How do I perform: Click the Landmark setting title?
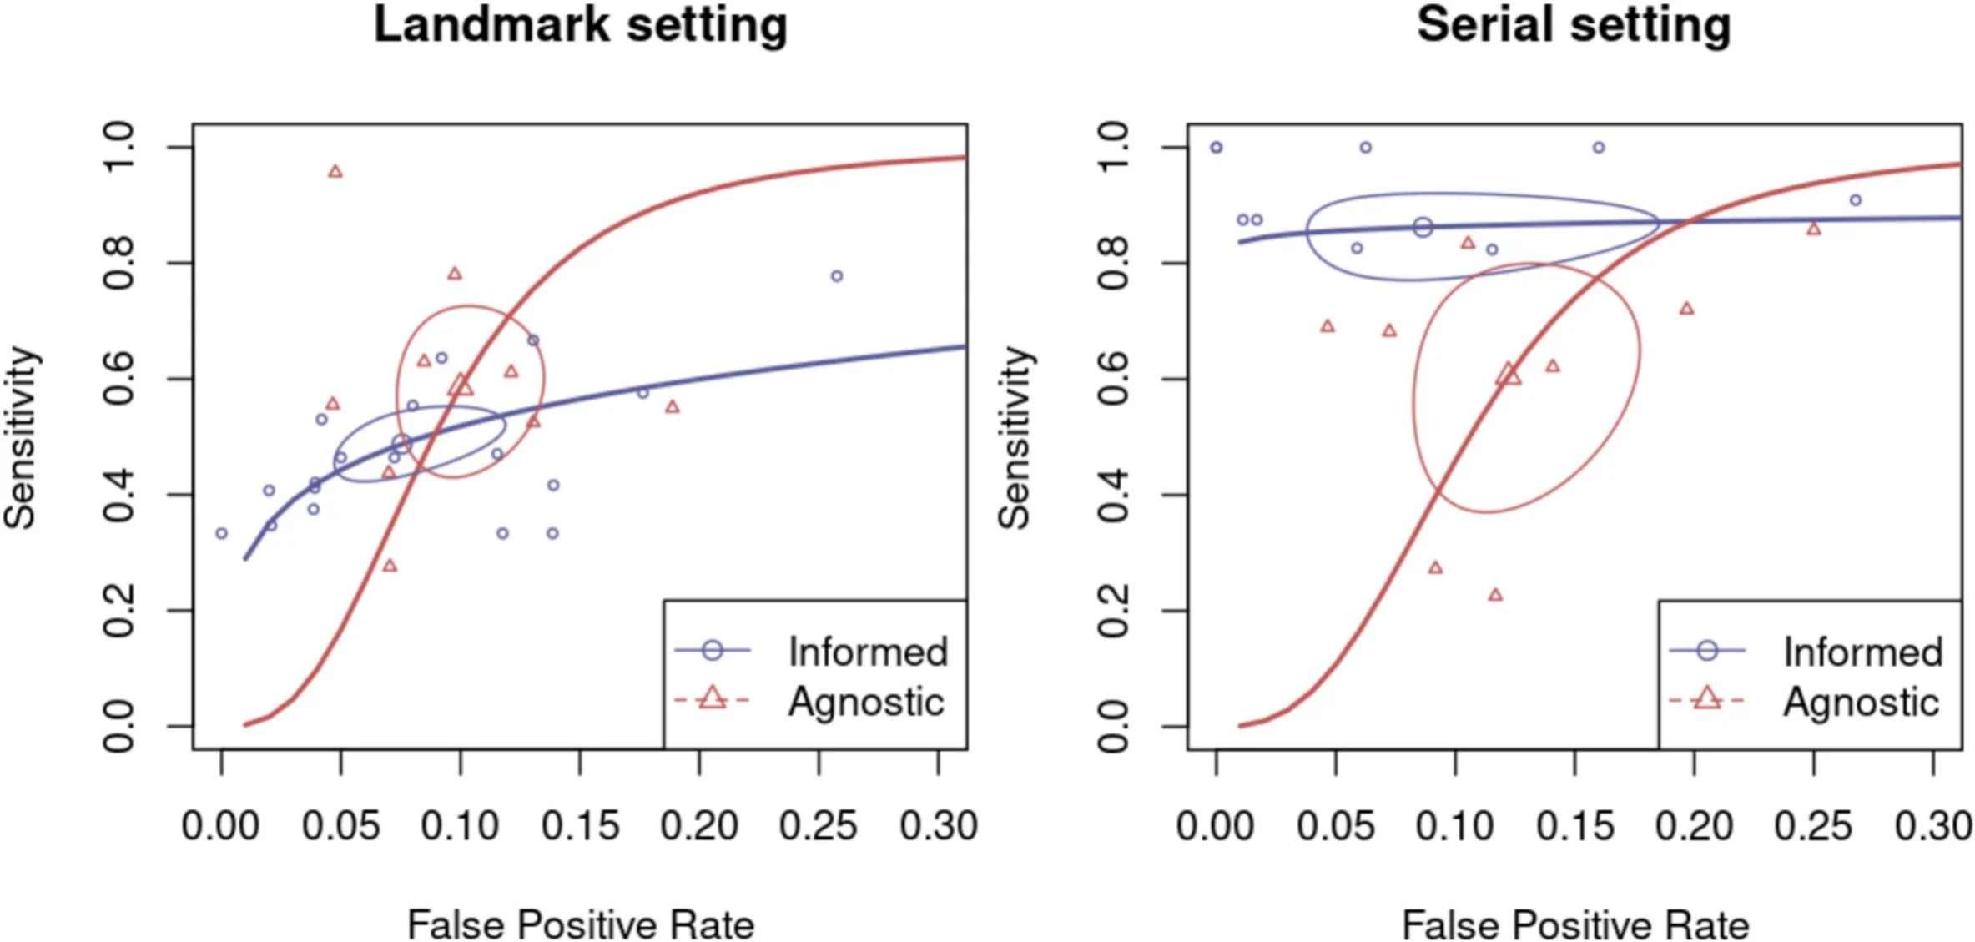tap(580, 25)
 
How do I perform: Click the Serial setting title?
tap(1574, 25)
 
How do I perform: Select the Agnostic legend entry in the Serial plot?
tap(1860, 702)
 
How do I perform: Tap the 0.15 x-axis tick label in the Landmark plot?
tap(580, 826)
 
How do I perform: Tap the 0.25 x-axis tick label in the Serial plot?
tap(1813, 826)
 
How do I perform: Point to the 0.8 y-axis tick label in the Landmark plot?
tap(118, 263)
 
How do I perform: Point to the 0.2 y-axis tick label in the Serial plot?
tap(1113, 610)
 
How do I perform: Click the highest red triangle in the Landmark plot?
tap(335, 172)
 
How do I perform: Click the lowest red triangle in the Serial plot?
tap(1495, 595)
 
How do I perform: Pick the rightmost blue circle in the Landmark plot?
tap(837, 276)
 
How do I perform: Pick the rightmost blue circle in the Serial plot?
tap(1856, 200)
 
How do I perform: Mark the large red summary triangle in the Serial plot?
tap(1509, 375)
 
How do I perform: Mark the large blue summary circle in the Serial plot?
tap(1423, 227)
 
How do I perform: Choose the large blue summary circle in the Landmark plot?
tap(401, 444)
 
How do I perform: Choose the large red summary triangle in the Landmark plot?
tap(461, 385)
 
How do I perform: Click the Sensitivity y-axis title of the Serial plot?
tap(1015, 437)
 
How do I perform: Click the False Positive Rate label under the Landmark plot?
tap(580, 924)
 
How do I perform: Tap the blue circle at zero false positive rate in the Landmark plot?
tap(221, 533)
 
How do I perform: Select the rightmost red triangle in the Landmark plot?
tap(673, 407)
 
